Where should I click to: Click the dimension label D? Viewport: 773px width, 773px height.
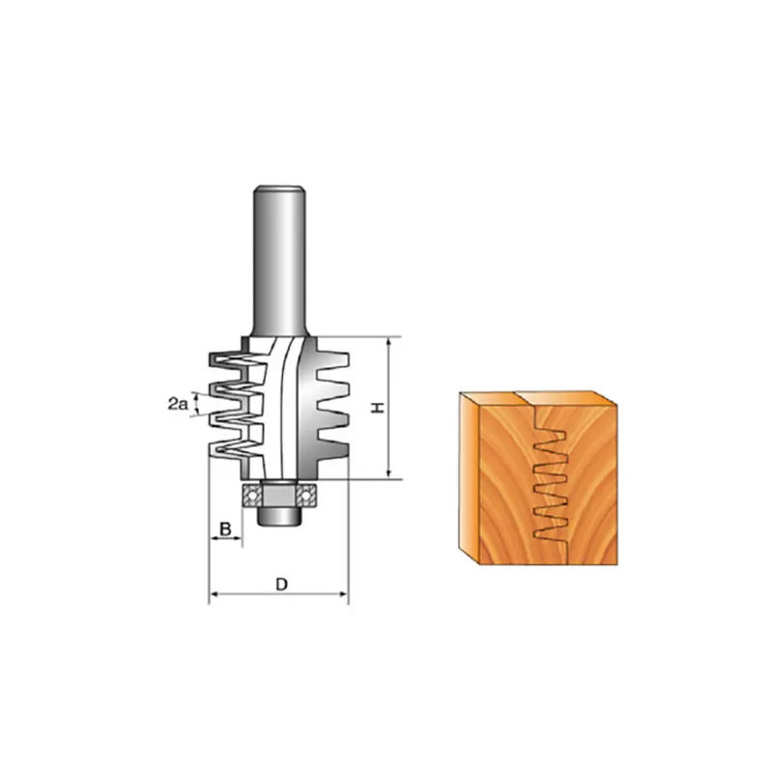[281, 585]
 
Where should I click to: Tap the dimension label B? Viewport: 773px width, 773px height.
[225, 530]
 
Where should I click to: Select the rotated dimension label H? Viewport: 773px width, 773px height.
[378, 407]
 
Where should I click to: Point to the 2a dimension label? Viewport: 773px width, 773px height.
[178, 405]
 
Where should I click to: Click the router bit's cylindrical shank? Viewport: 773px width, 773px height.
[279, 260]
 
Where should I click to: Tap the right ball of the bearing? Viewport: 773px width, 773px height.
[306, 495]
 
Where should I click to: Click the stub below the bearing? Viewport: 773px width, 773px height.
[279, 517]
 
